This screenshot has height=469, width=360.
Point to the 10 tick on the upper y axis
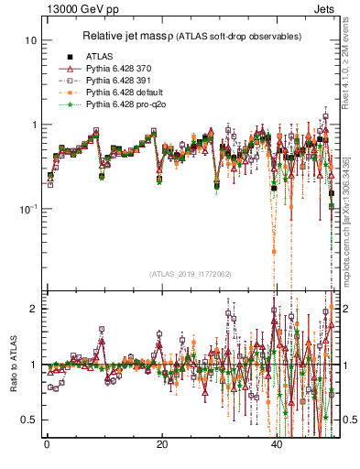pyautogui.click(x=31, y=41)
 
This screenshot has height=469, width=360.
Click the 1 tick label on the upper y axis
pyautogui.click(x=34, y=125)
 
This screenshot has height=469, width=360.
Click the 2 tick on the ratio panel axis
pyautogui.click(x=34, y=309)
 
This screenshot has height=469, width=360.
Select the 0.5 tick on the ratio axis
pyautogui.click(x=30, y=420)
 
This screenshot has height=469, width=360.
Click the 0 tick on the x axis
pyautogui.click(x=47, y=446)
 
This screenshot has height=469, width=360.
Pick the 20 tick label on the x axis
pyautogui.click(x=161, y=446)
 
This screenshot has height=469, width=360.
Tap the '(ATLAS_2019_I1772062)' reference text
pyautogui.click(x=190, y=273)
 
